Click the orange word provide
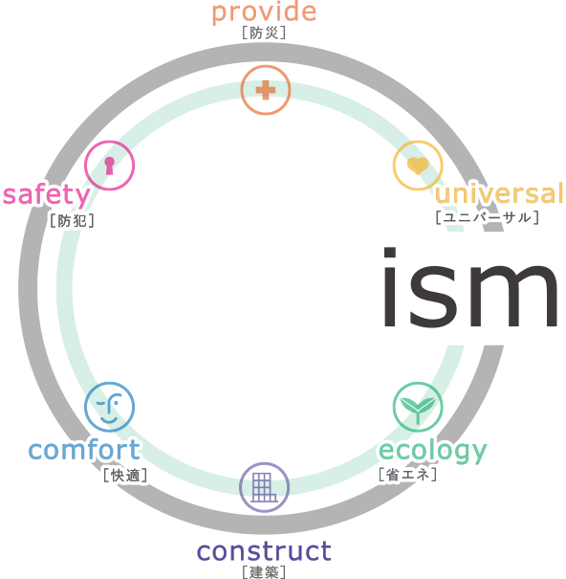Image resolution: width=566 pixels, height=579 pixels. (264, 13)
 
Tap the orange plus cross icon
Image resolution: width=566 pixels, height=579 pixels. (266, 90)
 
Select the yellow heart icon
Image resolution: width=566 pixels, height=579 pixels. (418, 166)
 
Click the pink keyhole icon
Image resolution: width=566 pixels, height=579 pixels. (109, 166)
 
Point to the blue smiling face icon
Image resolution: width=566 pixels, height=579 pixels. (109, 407)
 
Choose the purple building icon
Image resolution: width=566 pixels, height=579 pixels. (264, 487)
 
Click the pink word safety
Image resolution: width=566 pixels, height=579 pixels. (47, 194)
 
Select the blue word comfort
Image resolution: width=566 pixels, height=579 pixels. (84, 449)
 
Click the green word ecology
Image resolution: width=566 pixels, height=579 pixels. (433, 451)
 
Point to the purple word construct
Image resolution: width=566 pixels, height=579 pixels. (264, 551)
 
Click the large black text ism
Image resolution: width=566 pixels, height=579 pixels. (470, 287)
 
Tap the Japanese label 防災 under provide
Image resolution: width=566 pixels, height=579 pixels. (264, 33)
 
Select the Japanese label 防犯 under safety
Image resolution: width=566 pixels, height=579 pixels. (73, 221)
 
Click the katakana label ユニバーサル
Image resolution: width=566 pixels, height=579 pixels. (487, 217)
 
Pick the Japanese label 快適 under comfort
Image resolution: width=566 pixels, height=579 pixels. (125, 476)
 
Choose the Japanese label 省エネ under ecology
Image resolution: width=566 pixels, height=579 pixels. (408, 475)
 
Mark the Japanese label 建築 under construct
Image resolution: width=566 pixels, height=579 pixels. (264, 572)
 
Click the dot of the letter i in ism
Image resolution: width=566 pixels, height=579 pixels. (390, 253)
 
